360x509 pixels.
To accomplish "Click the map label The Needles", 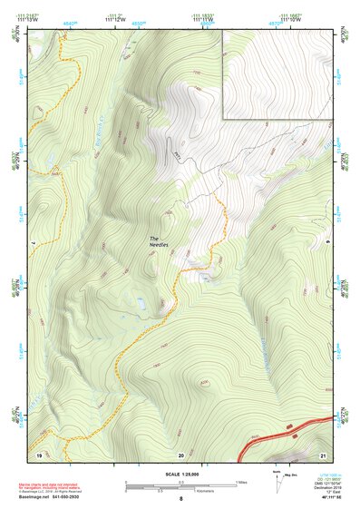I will tap(160, 242).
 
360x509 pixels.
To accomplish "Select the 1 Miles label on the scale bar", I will tap(240, 482).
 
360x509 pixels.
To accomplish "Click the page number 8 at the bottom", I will tap(181, 499).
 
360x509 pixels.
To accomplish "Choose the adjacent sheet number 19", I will tap(39, 454).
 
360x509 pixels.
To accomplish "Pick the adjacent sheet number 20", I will tap(181, 454).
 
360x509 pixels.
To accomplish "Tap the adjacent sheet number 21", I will tap(323, 454).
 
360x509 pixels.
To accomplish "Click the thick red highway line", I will tap(281, 436).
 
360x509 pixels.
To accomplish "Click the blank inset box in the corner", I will tap(276, 73).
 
